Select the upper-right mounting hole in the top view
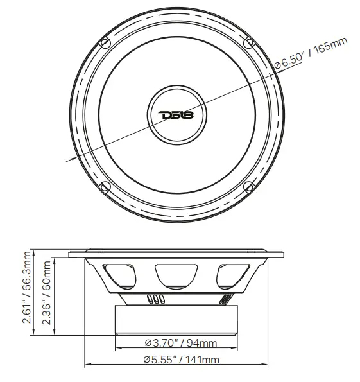(x=250, y=42)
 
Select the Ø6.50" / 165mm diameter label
(x=311, y=54)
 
